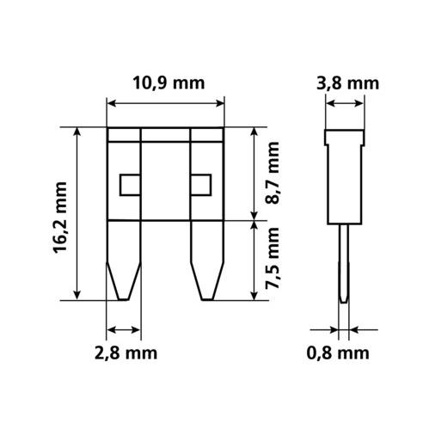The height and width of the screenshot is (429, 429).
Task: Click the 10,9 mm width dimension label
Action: [x=169, y=83]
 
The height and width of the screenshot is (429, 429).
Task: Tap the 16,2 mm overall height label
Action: [x=60, y=218]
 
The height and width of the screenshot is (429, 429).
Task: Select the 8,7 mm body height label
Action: [x=272, y=173]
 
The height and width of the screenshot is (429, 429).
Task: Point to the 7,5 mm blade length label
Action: [x=272, y=258]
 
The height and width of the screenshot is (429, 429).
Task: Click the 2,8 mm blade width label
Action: [x=126, y=353]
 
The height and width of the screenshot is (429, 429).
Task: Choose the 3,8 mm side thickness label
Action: [x=347, y=83]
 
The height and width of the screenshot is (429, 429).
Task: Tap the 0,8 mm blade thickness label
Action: [x=338, y=353]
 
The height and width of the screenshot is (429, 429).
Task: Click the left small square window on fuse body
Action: [x=130, y=185]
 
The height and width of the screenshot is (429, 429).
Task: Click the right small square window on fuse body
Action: [x=201, y=185]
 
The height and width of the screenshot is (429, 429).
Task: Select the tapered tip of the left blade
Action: [x=124, y=281]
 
